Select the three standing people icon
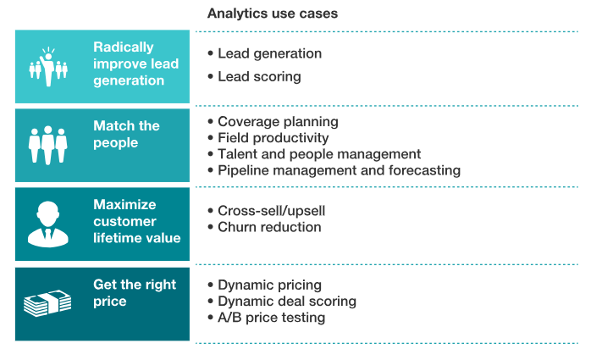coord(48,145)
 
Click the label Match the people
coord(126,134)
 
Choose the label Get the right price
coord(134,293)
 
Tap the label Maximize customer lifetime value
coord(136,222)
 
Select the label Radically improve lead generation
coord(135,64)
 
